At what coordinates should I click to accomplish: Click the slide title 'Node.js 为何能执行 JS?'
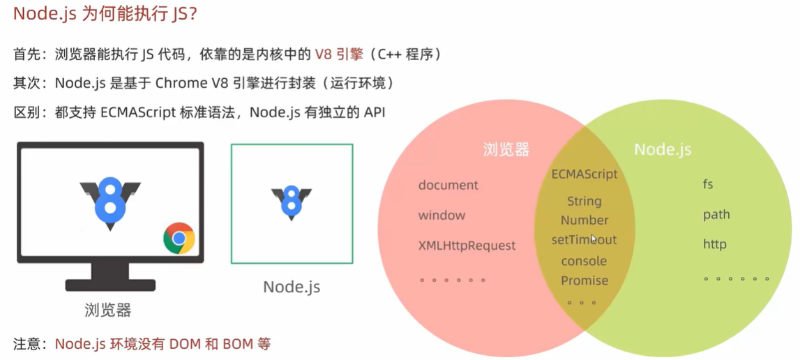105,14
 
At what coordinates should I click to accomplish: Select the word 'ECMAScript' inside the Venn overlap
584,174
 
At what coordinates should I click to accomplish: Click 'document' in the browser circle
448,185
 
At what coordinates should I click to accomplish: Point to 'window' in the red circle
441,215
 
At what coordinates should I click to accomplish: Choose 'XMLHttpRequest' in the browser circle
467,245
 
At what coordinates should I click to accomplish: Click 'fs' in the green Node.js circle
708,185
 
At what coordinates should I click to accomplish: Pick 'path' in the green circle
716,214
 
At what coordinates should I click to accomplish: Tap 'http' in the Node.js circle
715,244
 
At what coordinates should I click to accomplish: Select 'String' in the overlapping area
584,201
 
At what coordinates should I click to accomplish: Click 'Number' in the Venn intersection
584,220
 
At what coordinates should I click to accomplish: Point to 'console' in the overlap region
584,261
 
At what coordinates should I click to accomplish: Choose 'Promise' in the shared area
584,280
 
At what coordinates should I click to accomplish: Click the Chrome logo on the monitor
179,239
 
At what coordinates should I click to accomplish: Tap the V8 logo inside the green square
292,202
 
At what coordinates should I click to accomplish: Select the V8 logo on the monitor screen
110,197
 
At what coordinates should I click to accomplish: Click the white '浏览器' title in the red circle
506,149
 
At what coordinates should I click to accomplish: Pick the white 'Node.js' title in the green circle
663,149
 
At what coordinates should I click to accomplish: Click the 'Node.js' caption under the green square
292,287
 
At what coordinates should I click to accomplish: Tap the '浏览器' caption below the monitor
108,309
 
